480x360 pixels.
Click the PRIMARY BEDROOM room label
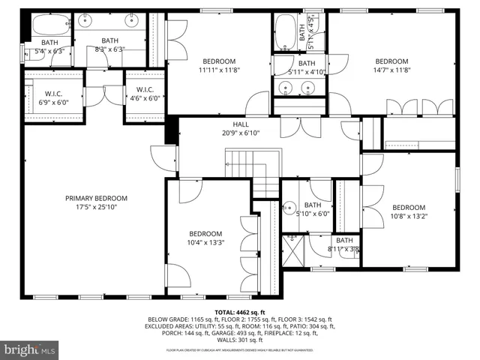point(96,198)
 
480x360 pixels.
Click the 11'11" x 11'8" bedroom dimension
point(219,70)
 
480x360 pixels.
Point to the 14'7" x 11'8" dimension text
point(391,70)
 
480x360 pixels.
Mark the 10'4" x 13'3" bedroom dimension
point(205,242)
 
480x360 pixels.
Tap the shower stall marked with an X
point(292,248)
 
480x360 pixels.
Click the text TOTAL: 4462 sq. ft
point(240,311)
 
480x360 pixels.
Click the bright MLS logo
point(30,349)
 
